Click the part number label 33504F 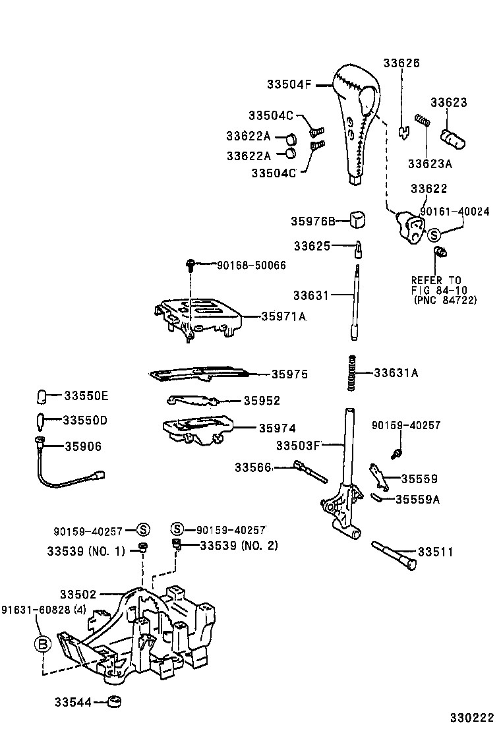289,84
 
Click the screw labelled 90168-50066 191,266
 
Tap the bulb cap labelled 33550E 41,396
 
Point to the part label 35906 83,446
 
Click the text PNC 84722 445,301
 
